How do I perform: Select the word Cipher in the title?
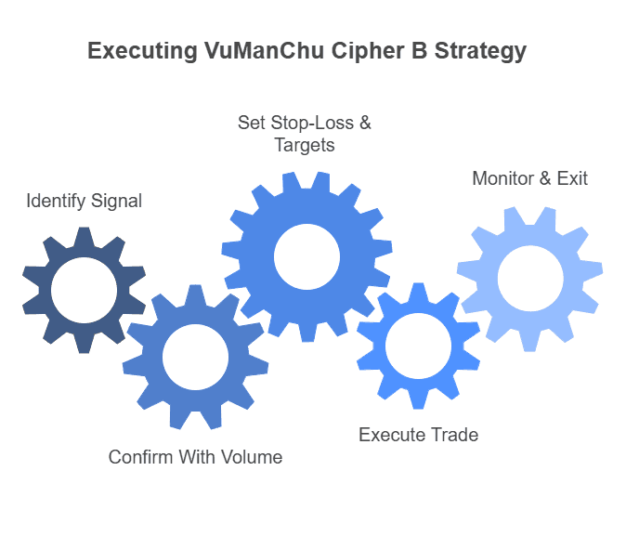[x=358, y=52]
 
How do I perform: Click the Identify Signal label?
[x=84, y=201]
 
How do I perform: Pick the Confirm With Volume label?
[x=195, y=457]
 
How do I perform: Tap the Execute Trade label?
[x=418, y=435]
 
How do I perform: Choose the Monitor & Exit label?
[x=529, y=178]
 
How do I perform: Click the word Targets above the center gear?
[x=305, y=146]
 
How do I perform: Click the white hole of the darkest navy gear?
[x=84, y=291]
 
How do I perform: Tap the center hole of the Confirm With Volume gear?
[x=195, y=357]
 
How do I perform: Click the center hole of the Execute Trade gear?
[x=418, y=346]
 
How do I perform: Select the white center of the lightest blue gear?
[x=529, y=279]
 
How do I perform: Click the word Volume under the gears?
[x=253, y=457]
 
